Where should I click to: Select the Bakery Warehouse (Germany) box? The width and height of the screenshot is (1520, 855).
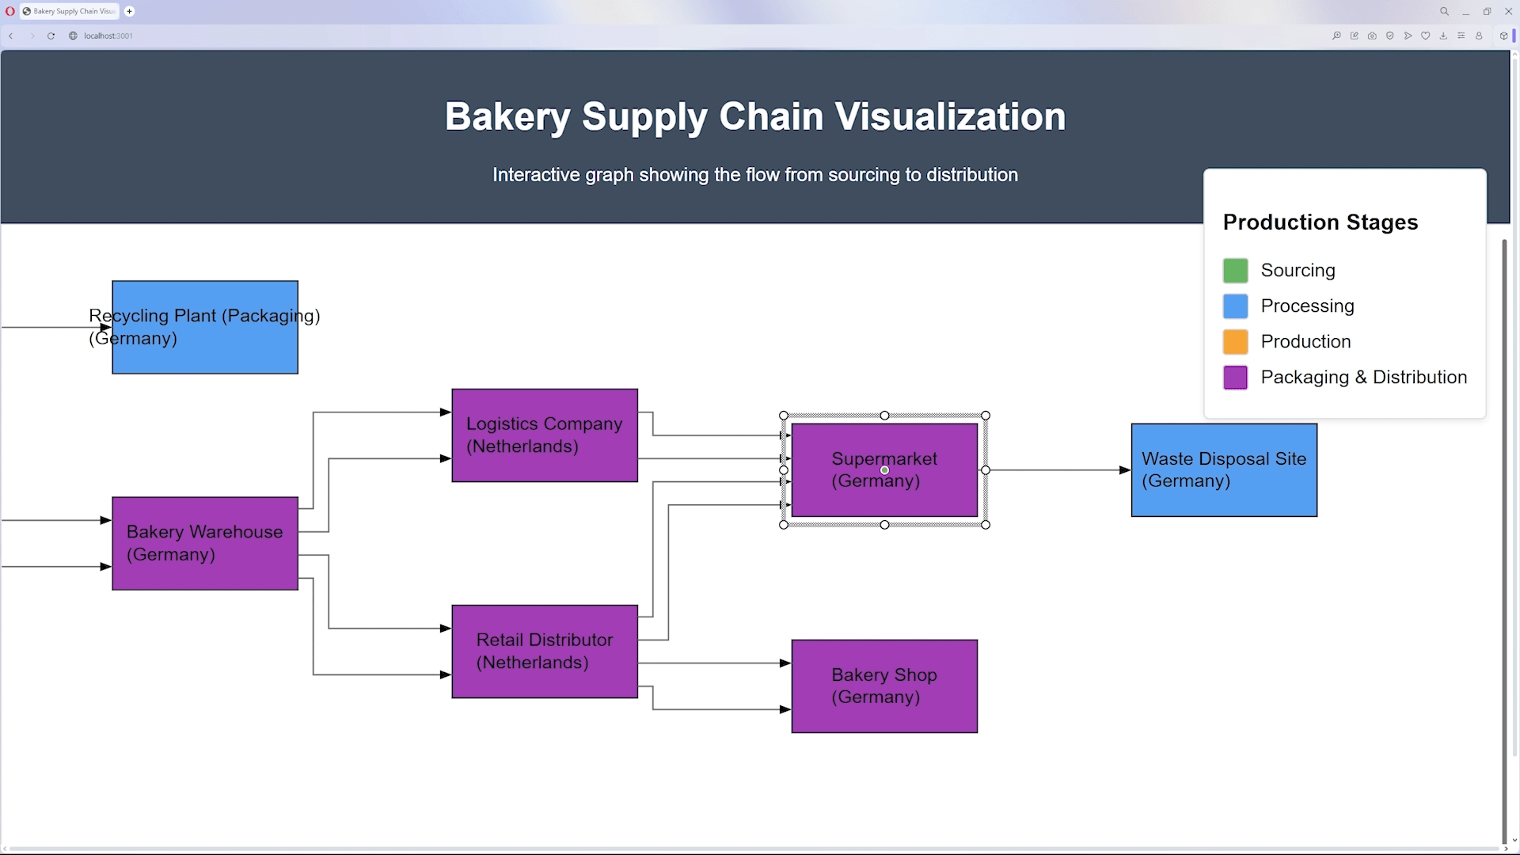coord(205,543)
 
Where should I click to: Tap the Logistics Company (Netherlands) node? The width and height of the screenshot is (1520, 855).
coord(545,435)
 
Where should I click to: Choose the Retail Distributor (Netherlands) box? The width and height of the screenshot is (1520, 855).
coord(545,651)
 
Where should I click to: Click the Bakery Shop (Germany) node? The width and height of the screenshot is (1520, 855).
coord(884,686)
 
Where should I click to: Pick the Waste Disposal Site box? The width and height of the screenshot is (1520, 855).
coord(1224,469)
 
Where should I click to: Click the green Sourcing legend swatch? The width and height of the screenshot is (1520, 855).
coord(1235,271)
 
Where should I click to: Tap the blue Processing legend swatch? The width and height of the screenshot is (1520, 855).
coord(1235,306)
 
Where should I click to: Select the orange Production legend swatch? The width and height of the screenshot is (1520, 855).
coord(1235,342)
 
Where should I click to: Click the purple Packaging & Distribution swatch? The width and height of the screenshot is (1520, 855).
coord(1235,378)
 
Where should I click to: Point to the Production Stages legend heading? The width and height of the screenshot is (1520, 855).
coord(1320,222)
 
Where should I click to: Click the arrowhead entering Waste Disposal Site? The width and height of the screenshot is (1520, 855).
coord(1125,470)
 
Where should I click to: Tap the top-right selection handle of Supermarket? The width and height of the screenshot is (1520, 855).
coord(986,416)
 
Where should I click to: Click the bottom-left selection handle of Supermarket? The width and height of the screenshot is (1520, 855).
coord(784,525)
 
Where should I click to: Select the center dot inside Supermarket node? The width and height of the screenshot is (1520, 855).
coord(884,470)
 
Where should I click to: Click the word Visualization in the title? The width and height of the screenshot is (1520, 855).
coord(950,116)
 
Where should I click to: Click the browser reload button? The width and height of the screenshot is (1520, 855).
coord(51,36)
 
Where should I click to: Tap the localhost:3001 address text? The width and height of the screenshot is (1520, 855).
coord(108,36)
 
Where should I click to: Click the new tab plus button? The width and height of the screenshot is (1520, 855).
coord(129,11)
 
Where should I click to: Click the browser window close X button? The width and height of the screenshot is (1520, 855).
coord(1508,11)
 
